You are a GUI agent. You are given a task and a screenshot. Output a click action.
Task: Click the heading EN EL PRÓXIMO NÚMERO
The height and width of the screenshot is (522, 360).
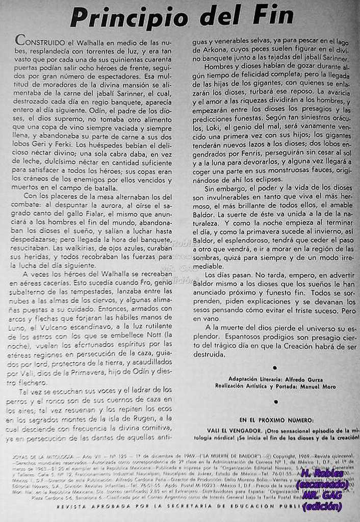coord(276,420)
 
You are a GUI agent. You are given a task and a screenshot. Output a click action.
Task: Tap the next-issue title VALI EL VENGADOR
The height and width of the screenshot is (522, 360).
coord(233,430)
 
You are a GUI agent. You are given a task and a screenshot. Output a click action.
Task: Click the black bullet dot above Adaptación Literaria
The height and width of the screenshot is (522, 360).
coord(275,367)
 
